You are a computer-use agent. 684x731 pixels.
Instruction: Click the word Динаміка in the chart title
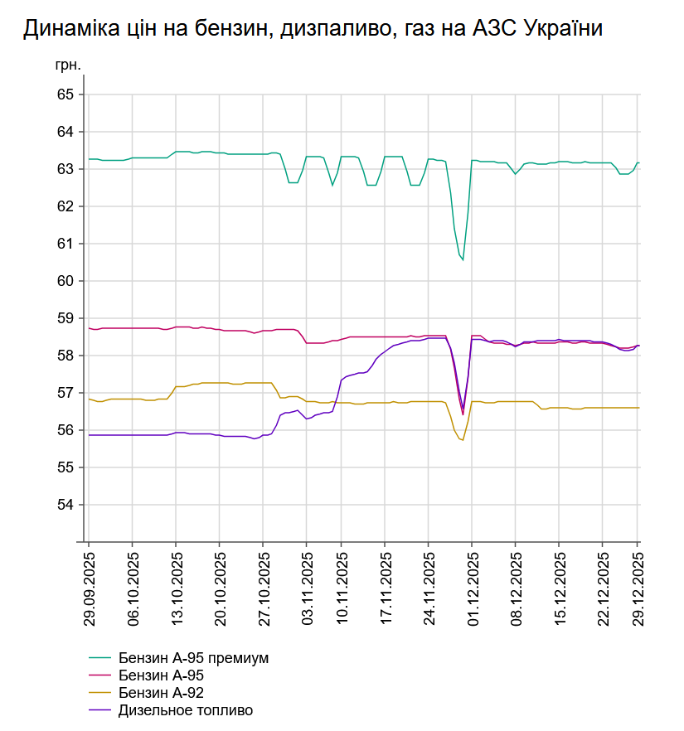pyautogui.click(x=67, y=28)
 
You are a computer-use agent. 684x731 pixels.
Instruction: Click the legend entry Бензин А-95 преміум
pyautogui.click(x=194, y=658)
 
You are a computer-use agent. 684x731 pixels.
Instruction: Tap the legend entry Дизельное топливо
pyautogui.click(x=186, y=710)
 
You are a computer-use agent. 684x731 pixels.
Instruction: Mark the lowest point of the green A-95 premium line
pyautogui.click(x=463, y=260)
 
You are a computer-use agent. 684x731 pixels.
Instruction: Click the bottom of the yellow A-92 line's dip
pyautogui.click(x=462, y=440)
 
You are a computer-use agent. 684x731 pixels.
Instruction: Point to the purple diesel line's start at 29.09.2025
pyautogui.click(x=90, y=435)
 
